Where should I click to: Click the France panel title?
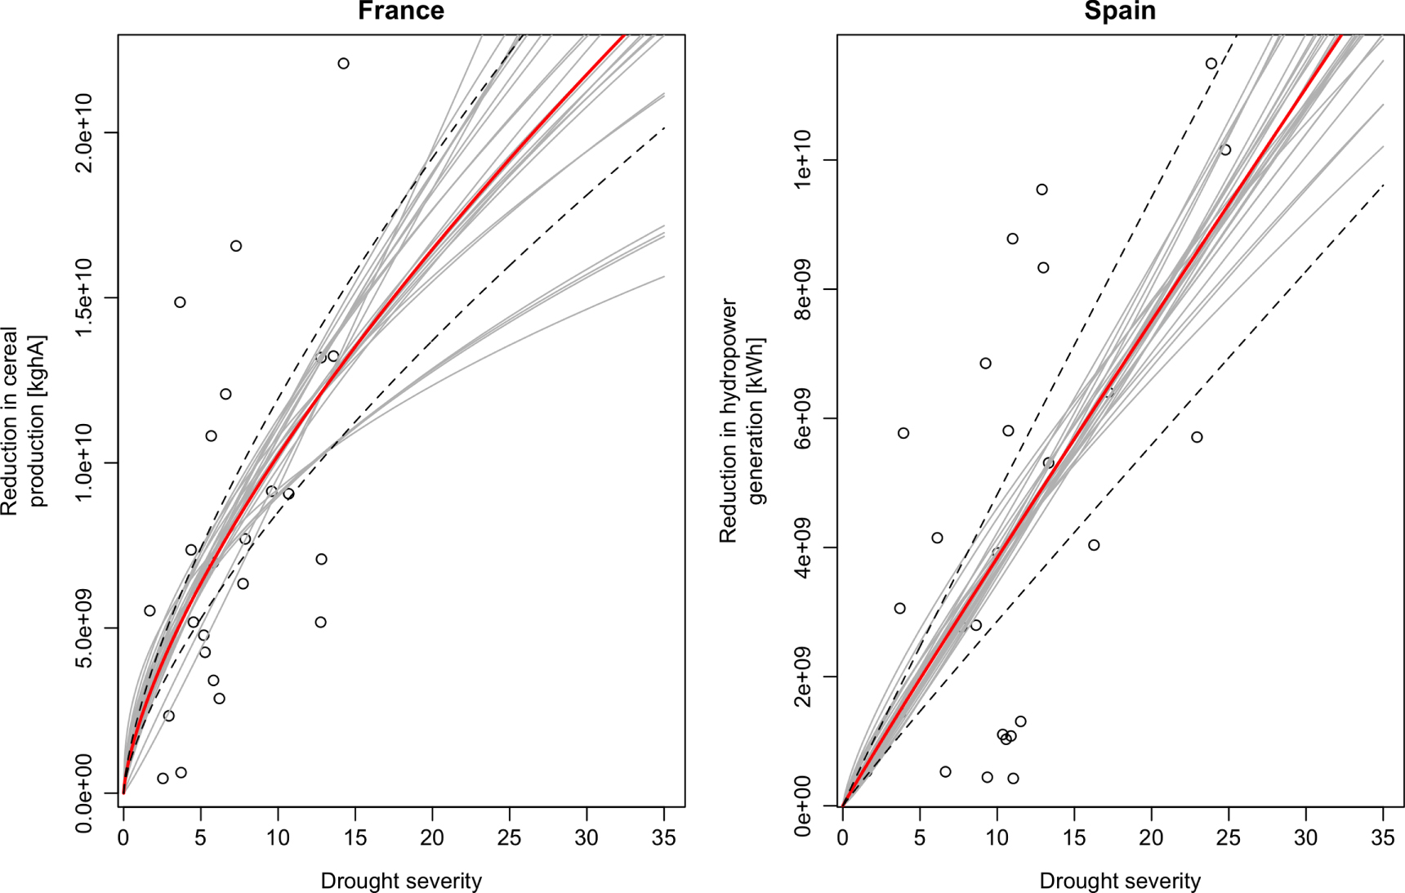401,11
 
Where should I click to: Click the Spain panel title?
1120,11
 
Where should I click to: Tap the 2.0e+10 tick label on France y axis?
85,133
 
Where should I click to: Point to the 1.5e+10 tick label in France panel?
85,298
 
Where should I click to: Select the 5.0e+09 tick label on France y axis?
85,628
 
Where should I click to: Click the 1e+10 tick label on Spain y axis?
804,160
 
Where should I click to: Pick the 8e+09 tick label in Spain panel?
804,289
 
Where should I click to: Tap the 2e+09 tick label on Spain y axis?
804,676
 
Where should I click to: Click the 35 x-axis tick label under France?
664,837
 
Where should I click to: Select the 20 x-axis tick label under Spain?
1151,837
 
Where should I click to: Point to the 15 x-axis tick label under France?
355,837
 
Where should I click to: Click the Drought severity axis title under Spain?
1120,882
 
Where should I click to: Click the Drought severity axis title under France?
401,882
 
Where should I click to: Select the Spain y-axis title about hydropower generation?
742,421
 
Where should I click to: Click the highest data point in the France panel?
343,64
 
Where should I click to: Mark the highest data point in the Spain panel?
1211,64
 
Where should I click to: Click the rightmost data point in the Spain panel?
1225,150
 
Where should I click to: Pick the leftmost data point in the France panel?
149,611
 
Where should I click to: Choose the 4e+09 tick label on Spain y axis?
804,547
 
